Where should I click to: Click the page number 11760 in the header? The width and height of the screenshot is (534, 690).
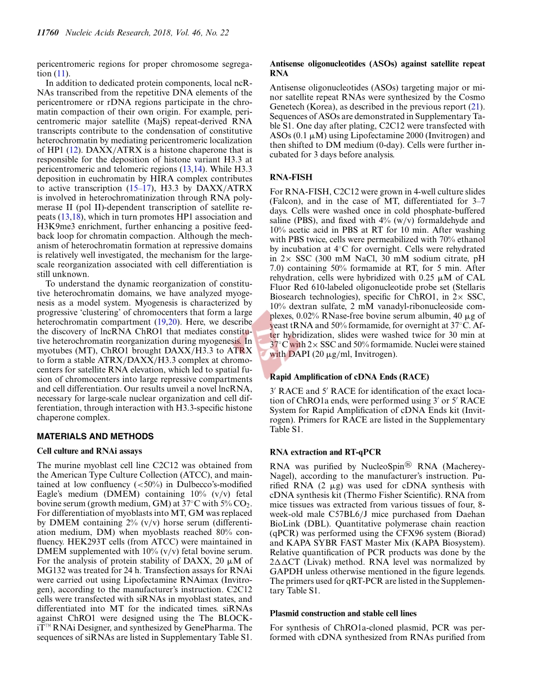(x=48, y=33)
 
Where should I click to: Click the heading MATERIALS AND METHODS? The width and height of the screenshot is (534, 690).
(x=95, y=436)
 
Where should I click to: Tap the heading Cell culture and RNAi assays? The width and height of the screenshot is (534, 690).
(x=89, y=451)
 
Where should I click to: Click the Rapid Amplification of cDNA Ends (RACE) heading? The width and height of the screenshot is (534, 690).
(x=349, y=376)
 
